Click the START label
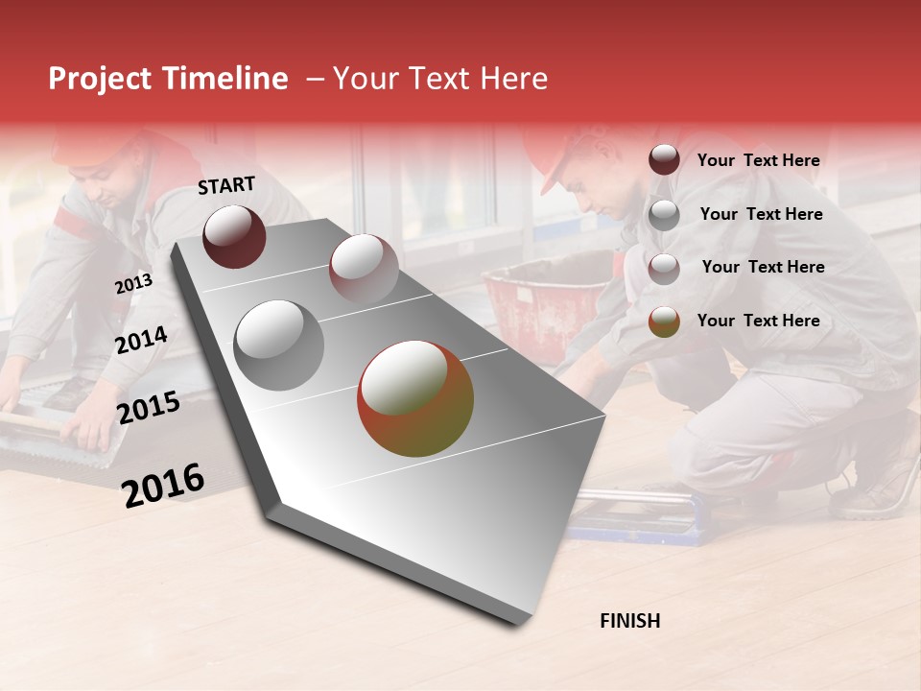226,185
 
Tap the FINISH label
629,621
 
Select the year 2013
133,283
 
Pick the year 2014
141,340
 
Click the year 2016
163,485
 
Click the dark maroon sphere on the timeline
234,236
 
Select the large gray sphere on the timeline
279,345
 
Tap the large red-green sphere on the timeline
415,398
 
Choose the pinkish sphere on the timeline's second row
364,268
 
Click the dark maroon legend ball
664,160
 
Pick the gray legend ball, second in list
664,215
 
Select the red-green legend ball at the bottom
664,322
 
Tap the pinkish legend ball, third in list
664,268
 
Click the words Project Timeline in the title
168,79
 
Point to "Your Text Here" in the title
440,79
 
